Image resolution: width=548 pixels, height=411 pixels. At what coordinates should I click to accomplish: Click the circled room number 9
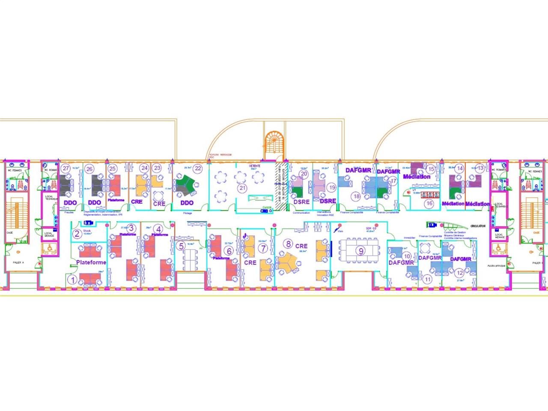pyautogui.click(x=361, y=251)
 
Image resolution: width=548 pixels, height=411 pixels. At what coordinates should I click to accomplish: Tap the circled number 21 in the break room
pyautogui.click(x=242, y=188)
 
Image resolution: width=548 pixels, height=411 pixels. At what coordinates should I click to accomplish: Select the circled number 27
pyautogui.click(x=66, y=168)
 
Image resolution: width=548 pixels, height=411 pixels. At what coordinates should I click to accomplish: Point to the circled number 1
pyautogui.click(x=72, y=280)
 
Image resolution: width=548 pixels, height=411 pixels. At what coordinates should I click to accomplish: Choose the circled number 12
pyautogui.click(x=460, y=273)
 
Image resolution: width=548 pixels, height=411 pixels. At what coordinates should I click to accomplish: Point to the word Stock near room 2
pyautogui.click(x=87, y=230)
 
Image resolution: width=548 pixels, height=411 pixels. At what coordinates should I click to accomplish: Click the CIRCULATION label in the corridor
pyautogui.click(x=477, y=226)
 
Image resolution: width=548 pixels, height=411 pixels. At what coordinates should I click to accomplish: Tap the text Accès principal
pyautogui.click(x=496, y=266)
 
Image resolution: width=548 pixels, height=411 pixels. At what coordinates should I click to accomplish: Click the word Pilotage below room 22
pyautogui.click(x=187, y=213)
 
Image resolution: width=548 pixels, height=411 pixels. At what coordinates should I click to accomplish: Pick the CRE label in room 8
pyautogui.click(x=301, y=246)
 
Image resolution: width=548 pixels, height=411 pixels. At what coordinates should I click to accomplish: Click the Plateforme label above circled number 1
pyautogui.click(x=91, y=262)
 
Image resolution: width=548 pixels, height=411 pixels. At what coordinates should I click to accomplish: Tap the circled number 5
pyautogui.click(x=182, y=246)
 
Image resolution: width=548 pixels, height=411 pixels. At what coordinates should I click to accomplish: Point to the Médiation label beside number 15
pyautogui.click(x=417, y=176)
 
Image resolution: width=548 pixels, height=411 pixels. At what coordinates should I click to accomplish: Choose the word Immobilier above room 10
pyautogui.click(x=404, y=237)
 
